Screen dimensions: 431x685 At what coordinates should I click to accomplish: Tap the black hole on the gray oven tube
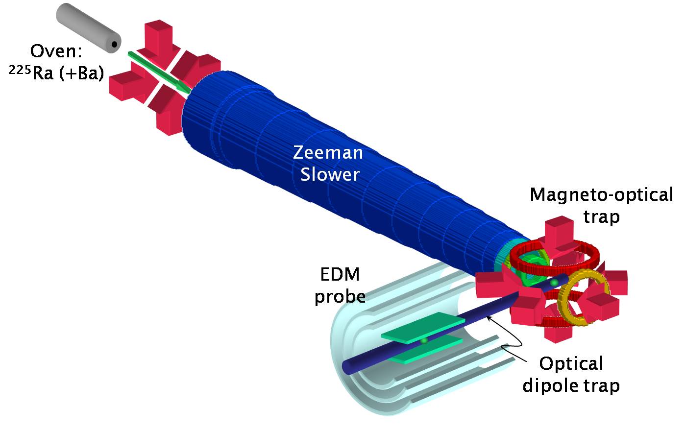click(x=114, y=45)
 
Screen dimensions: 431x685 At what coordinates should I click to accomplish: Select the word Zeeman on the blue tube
click(x=328, y=153)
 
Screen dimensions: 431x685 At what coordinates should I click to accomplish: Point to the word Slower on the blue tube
click(x=330, y=174)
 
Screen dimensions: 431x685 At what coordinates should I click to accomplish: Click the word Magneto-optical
click(x=601, y=195)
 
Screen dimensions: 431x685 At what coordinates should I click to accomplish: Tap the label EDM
click(x=340, y=274)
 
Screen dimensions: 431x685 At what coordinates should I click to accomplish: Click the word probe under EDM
click(x=340, y=296)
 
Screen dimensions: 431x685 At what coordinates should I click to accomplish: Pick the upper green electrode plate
click(x=423, y=328)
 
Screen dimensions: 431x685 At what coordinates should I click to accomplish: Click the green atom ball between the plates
click(x=424, y=340)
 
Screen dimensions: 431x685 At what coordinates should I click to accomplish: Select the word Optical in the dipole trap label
click(x=571, y=364)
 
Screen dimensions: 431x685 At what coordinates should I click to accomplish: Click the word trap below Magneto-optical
click(x=601, y=216)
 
